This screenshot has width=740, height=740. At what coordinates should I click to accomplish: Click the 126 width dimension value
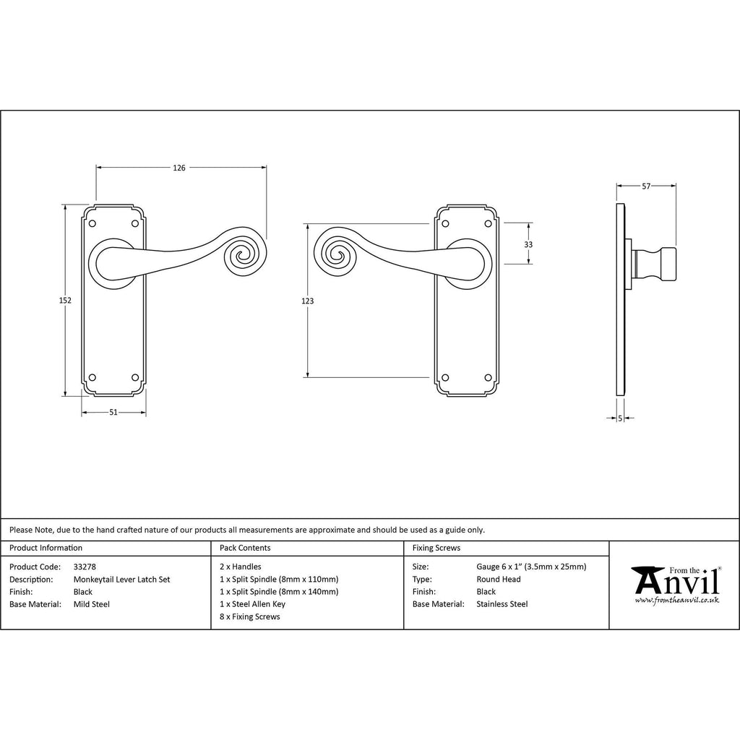coord(179,168)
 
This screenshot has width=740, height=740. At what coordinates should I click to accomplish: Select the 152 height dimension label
coord(65,300)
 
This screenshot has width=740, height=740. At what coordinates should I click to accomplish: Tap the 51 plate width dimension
coord(113,412)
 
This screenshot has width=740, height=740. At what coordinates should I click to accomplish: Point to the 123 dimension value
coord(307,301)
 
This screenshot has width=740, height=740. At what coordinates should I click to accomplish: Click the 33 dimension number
coord(528,244)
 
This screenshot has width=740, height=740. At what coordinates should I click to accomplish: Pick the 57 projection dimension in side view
coord(646,186)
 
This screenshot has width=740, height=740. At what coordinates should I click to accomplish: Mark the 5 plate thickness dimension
coord(620,418)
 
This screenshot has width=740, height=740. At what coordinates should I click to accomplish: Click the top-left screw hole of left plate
coord(92,223)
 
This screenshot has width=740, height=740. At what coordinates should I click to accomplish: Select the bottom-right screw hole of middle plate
coord(489,377)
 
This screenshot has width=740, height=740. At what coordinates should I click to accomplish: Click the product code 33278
coord(85,567)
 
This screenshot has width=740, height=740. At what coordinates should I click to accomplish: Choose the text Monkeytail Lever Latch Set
coord(121,579)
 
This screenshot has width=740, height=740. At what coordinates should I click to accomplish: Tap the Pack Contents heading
coord(245,548)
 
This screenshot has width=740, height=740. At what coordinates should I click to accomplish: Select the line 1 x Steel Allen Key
coord(252,604)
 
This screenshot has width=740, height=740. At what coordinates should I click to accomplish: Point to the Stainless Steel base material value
coord(502,604)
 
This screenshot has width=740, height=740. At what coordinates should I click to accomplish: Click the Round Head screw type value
coord(499,579)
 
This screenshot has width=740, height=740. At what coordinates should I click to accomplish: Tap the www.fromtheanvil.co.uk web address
coord(676,600)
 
